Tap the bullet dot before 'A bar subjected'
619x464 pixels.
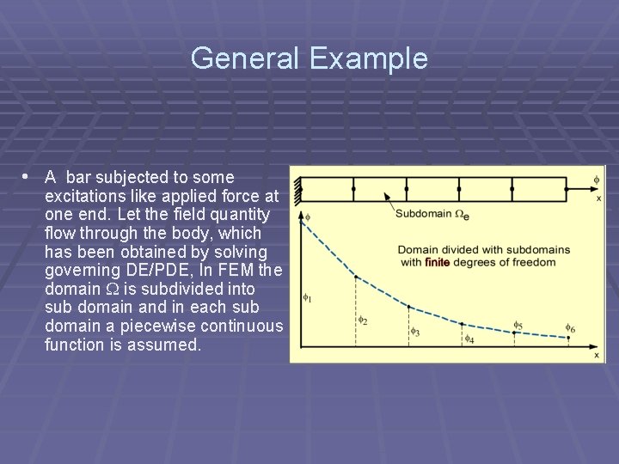point(27,176)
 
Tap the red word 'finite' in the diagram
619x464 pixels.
point(437,262)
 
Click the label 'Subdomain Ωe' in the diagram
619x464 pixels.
point(432,214)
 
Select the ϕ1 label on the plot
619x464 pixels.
point(307,299)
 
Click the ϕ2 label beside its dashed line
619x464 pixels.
point(363,321)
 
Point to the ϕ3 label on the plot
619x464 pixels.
point(414,331)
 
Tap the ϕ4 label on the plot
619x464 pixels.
point(469,339)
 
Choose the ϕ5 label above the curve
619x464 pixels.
point(518,326)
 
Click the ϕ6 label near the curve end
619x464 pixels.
point(571,328)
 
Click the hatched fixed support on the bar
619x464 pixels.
point(297,189)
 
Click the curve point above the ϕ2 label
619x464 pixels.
point(355,282)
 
